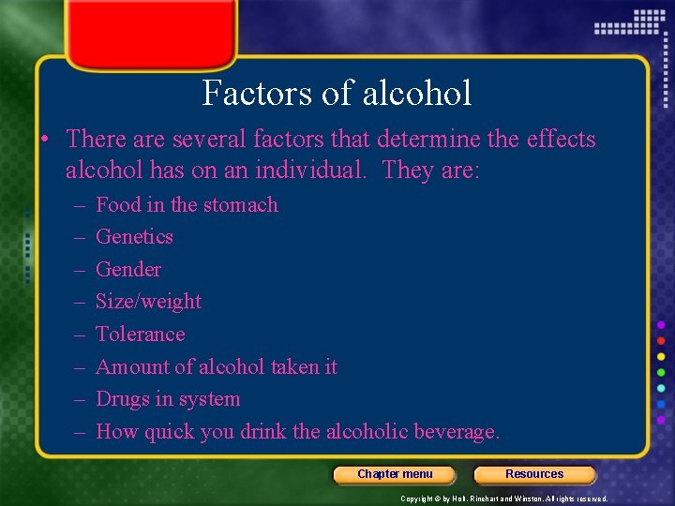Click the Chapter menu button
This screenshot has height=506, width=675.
coord(395,474)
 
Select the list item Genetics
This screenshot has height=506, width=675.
coord(134,237)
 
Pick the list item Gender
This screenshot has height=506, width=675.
coord(128,270)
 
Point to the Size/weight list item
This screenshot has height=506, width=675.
coord(148,302)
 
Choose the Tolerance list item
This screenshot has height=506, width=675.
coord(140,335)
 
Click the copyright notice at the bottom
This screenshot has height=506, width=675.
coord(503,499)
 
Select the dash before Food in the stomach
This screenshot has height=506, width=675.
coord(75,205)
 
